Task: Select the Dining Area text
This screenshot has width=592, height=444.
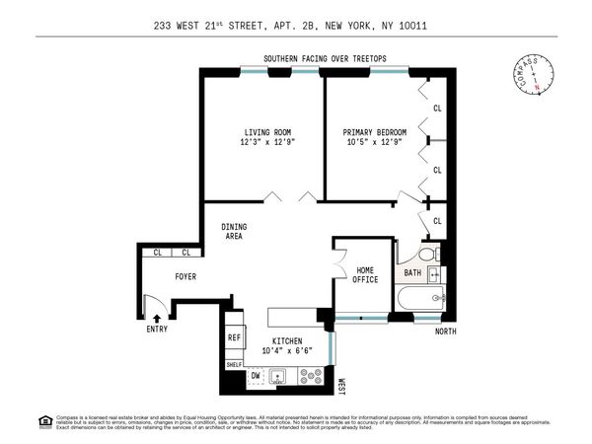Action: [234, 233]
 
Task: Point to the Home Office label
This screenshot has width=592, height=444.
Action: [366, 275]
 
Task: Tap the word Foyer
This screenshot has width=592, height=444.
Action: [186, 277]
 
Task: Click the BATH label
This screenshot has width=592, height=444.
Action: [412, 273]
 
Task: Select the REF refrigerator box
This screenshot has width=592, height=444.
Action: [235, 337]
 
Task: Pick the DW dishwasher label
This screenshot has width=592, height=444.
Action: [255, 377]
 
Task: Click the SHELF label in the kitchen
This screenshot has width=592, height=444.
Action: [234, 364]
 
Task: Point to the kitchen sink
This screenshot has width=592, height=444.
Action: [279, 377]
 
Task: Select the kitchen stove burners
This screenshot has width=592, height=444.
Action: [310, 377]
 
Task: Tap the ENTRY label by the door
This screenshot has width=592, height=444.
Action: [157, 330]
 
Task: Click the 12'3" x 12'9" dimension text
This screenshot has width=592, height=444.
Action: [264, 143]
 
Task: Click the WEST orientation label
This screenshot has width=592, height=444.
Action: [341, 387]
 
